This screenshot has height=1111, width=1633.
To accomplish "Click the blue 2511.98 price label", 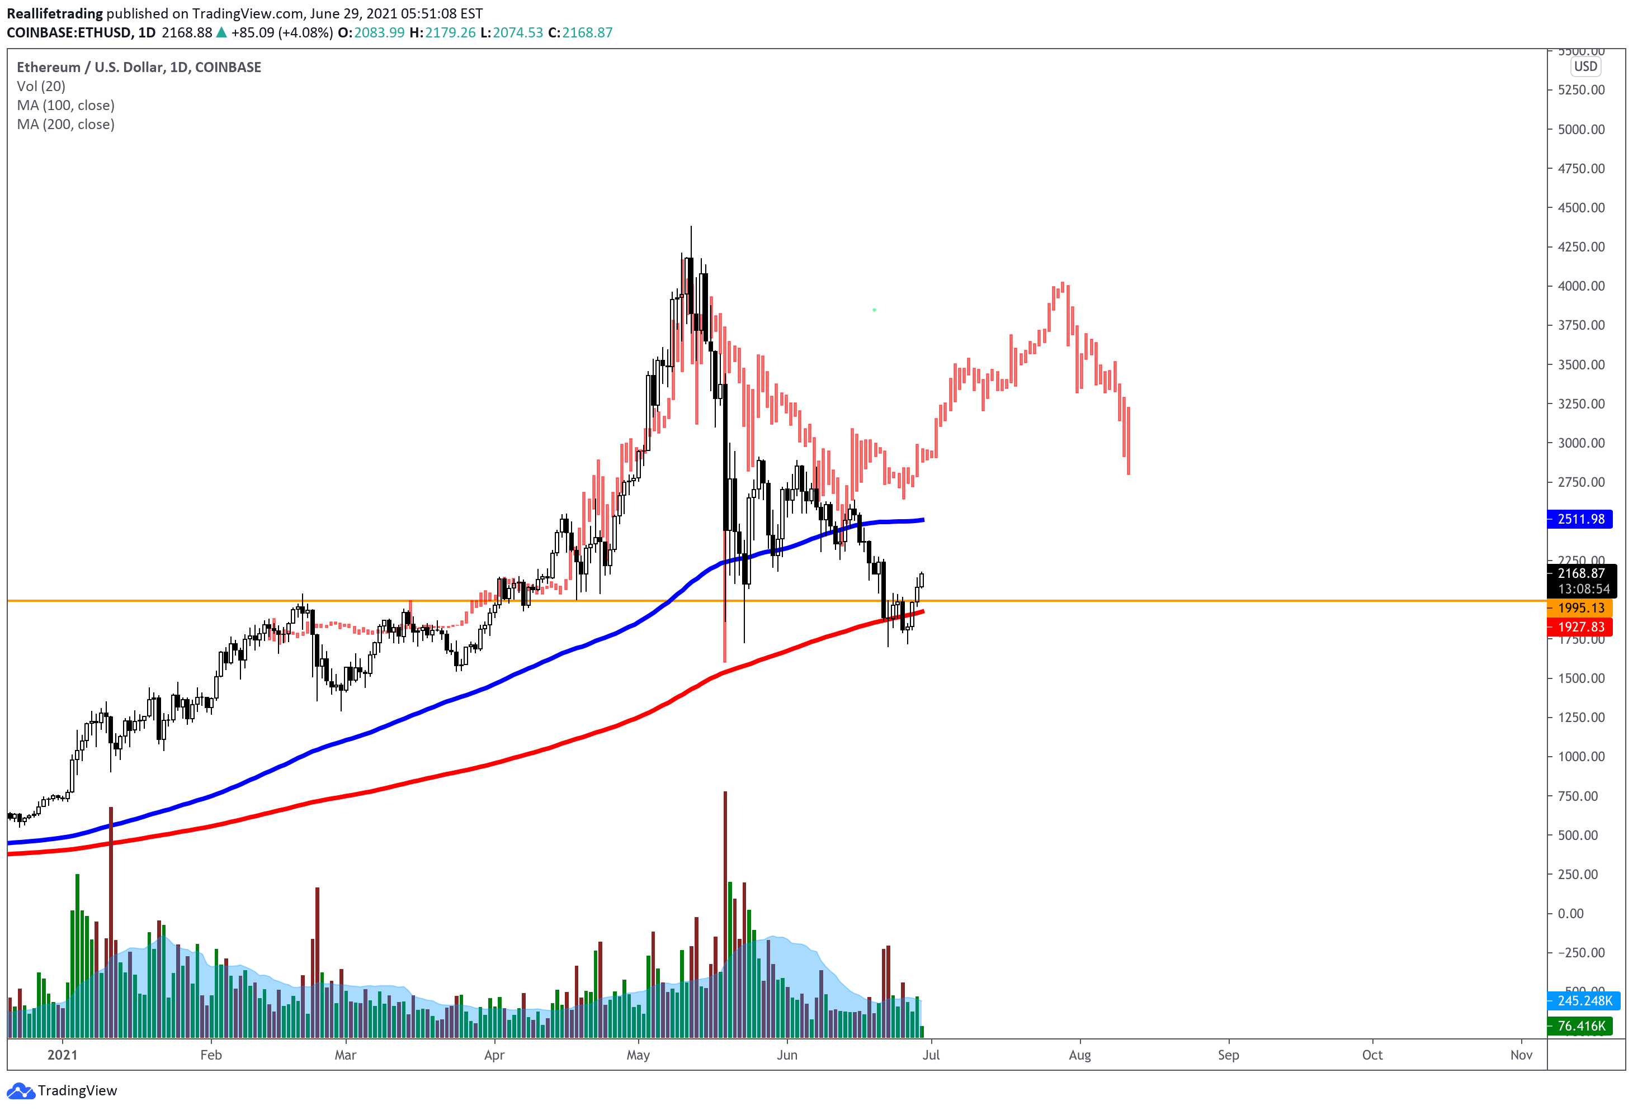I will [1580, 519].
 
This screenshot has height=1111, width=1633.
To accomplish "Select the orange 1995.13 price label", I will [1580, 608].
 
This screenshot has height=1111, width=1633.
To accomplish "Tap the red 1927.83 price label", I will [1580, 626].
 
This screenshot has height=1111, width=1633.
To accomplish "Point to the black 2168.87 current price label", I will [1580, 573].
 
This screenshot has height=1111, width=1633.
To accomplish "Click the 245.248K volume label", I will [1584, 1001].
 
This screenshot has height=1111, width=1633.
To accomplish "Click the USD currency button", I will [1585, 67].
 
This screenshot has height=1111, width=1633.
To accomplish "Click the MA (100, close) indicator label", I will [65, 105].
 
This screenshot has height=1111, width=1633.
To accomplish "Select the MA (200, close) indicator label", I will [65, 124].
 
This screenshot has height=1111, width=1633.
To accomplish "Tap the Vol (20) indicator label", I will [41, 87].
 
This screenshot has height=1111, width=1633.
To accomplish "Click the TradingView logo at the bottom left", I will [62, 1091].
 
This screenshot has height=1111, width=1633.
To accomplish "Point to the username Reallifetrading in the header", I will [55, 13].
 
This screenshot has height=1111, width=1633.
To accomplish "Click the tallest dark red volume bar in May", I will [725, 913].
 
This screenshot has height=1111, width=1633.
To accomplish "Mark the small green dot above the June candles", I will [874, 310].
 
